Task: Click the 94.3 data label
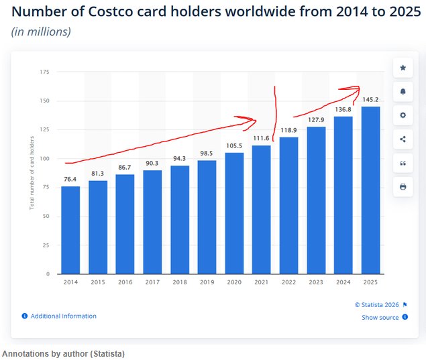[180, 158]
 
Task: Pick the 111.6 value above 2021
[262, 138]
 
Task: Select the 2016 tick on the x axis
[125, 282]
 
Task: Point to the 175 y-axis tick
[44, 72]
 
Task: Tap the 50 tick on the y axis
[46, 216]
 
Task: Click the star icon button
[403, 68]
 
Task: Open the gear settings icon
[403, 115]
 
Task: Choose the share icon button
[403, 139]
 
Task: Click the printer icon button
[403, 186]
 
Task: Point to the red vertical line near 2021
[274, 114]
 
